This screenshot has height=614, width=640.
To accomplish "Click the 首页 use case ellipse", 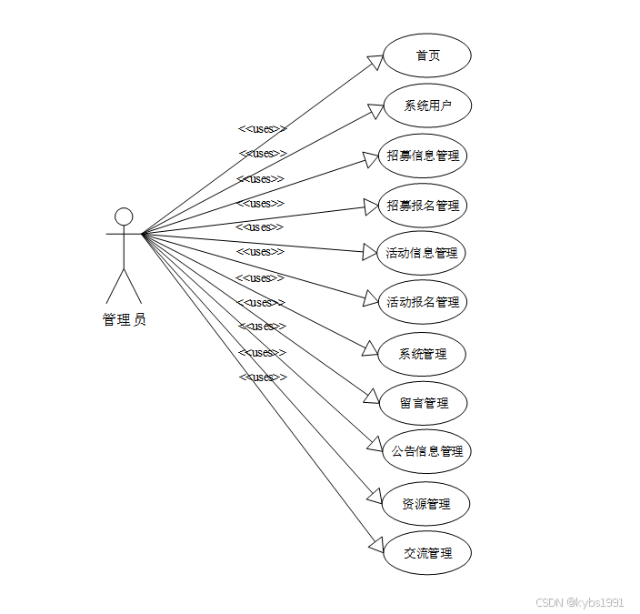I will (426, 56).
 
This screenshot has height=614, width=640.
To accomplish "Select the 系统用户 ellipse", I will (426, 106).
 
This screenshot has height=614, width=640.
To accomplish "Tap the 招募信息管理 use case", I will (423, 156).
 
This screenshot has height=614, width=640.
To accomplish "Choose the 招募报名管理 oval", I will (423, 206).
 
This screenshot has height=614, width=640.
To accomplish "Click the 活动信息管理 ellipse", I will (422, 253).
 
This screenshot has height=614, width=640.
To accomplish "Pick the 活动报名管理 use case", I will (423, 302).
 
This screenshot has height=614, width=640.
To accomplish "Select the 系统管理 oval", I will (423, 354).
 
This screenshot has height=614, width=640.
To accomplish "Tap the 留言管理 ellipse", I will (424, 402).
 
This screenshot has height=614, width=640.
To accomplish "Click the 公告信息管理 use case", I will (426, 451).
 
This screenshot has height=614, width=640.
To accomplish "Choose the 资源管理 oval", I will (426, 503).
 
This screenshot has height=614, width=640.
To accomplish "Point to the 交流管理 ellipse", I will (426, 553).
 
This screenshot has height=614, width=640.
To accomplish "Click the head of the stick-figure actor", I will (124, 216).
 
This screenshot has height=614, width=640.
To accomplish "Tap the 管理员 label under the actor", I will (124, 319).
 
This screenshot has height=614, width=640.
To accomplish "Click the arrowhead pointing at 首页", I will (375, 61).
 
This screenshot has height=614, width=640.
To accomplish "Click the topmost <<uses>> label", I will (262, 129).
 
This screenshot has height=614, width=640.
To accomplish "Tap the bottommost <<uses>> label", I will (263, 377).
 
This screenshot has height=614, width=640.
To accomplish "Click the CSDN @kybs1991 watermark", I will (579, 602).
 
